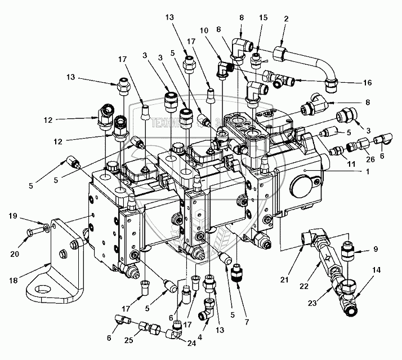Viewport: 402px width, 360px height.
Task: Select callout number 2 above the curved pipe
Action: (x=286, y=19)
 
